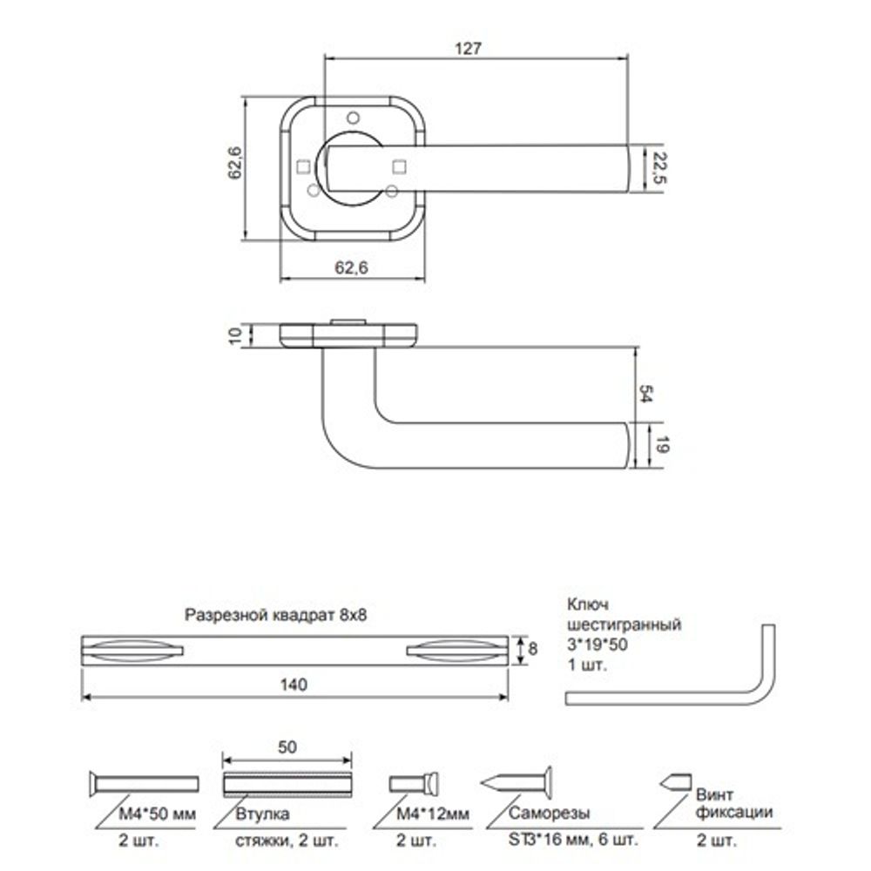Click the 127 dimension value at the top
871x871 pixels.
pyautogui.click(x=468, y=49)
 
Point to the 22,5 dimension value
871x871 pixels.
pyautogui.click(x=659, y=166)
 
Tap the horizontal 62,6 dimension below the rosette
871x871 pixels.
pyautogui.click(x=352, y=268)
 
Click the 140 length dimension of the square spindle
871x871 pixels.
pyautogui.click(x=294, y=685)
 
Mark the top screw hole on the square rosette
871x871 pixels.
pyautogui.click(x=353, y=117)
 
